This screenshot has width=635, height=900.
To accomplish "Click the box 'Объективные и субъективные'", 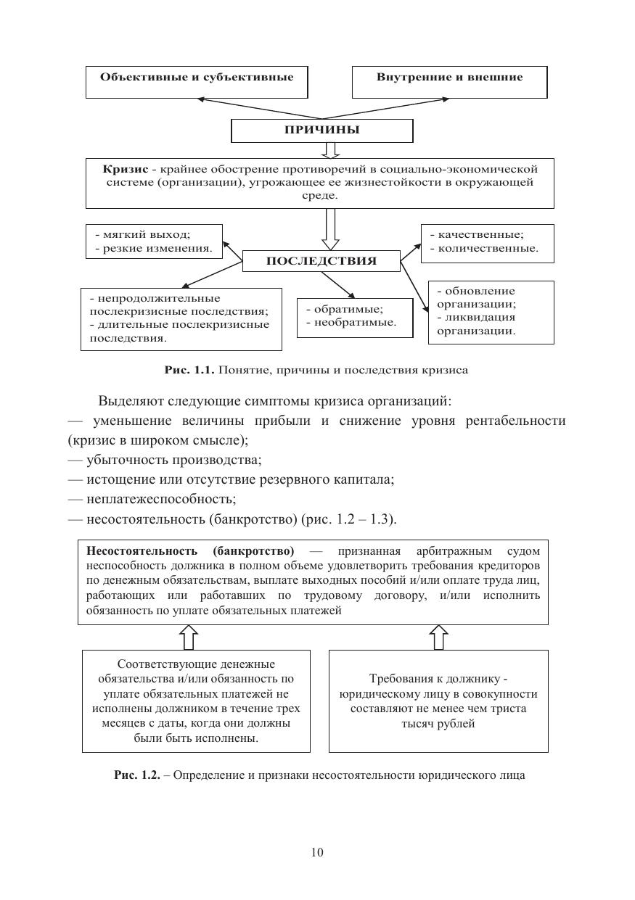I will coord(197,81).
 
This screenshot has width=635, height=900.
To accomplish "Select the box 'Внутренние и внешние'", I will coord(449,81).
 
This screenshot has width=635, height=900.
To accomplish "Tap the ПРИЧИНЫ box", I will coord(321,131).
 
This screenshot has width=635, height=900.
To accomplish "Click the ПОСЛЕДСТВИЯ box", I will coord(321,261).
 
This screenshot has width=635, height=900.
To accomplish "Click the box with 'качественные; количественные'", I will coord(487,242).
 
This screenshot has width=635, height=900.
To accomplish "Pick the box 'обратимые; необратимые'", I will coord(354,317).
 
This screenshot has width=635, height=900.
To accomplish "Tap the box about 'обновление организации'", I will coord(491,311).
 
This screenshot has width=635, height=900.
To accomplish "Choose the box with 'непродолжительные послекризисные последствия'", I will coord(181,318).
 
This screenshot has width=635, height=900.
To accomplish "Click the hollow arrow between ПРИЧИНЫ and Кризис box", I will coord(331,150).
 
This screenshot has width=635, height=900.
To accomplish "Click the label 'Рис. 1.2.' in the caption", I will coord(137,775).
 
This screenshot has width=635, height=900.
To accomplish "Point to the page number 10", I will coord(317,852).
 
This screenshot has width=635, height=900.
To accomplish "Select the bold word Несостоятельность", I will coord(142,551).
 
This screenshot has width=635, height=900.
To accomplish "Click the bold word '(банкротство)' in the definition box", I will coord(253,551).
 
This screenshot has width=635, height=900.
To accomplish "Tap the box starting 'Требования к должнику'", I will coord(438,701).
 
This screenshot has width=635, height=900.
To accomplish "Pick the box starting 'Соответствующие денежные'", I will coord(196,701).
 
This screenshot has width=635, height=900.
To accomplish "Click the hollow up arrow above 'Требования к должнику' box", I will coord(438,637).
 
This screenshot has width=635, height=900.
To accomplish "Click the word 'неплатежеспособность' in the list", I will coord(161,499).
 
